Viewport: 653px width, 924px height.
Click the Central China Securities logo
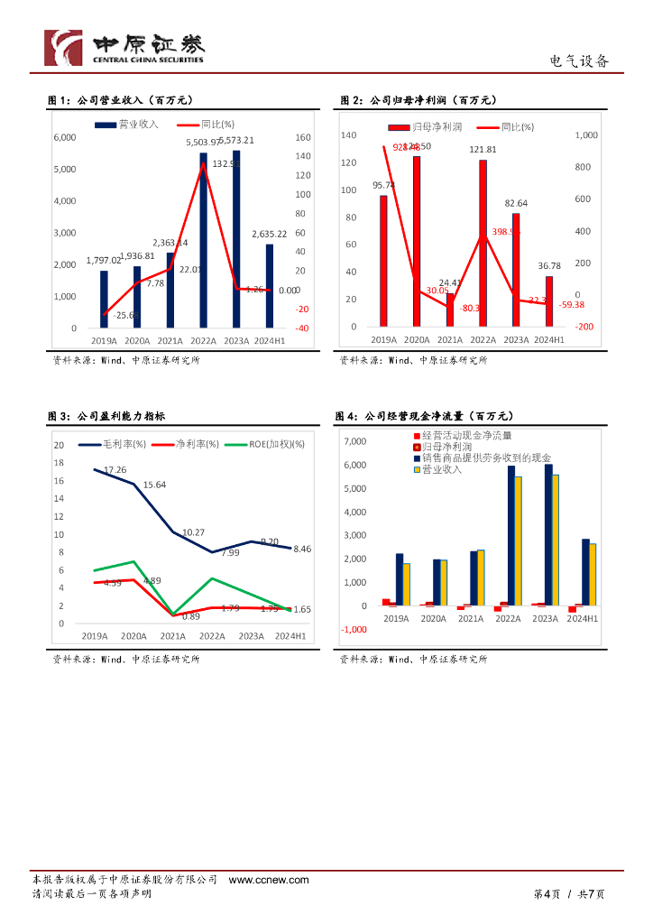pyautogui.click(x=125, y=47)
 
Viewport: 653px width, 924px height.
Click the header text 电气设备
pyautogui.click(x=579, y=61)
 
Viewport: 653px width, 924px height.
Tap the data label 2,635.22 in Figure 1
pyautogui.click(x=270, y=234)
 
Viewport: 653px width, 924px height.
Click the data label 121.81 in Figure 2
pyautogui.click(x=483, y=150)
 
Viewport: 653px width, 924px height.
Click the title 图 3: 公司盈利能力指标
pyautogui.click(x=106, y=417)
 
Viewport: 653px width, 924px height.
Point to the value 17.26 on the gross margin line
pyautogui.click(x=115, y=470)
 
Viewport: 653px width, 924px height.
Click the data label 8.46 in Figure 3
pyautogui.click(x=302, y=549)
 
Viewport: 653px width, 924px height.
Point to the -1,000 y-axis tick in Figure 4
pyautogui.click(x=354, y=629)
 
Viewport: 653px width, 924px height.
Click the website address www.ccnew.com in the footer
pyautogui.click(x=269, y=880)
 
